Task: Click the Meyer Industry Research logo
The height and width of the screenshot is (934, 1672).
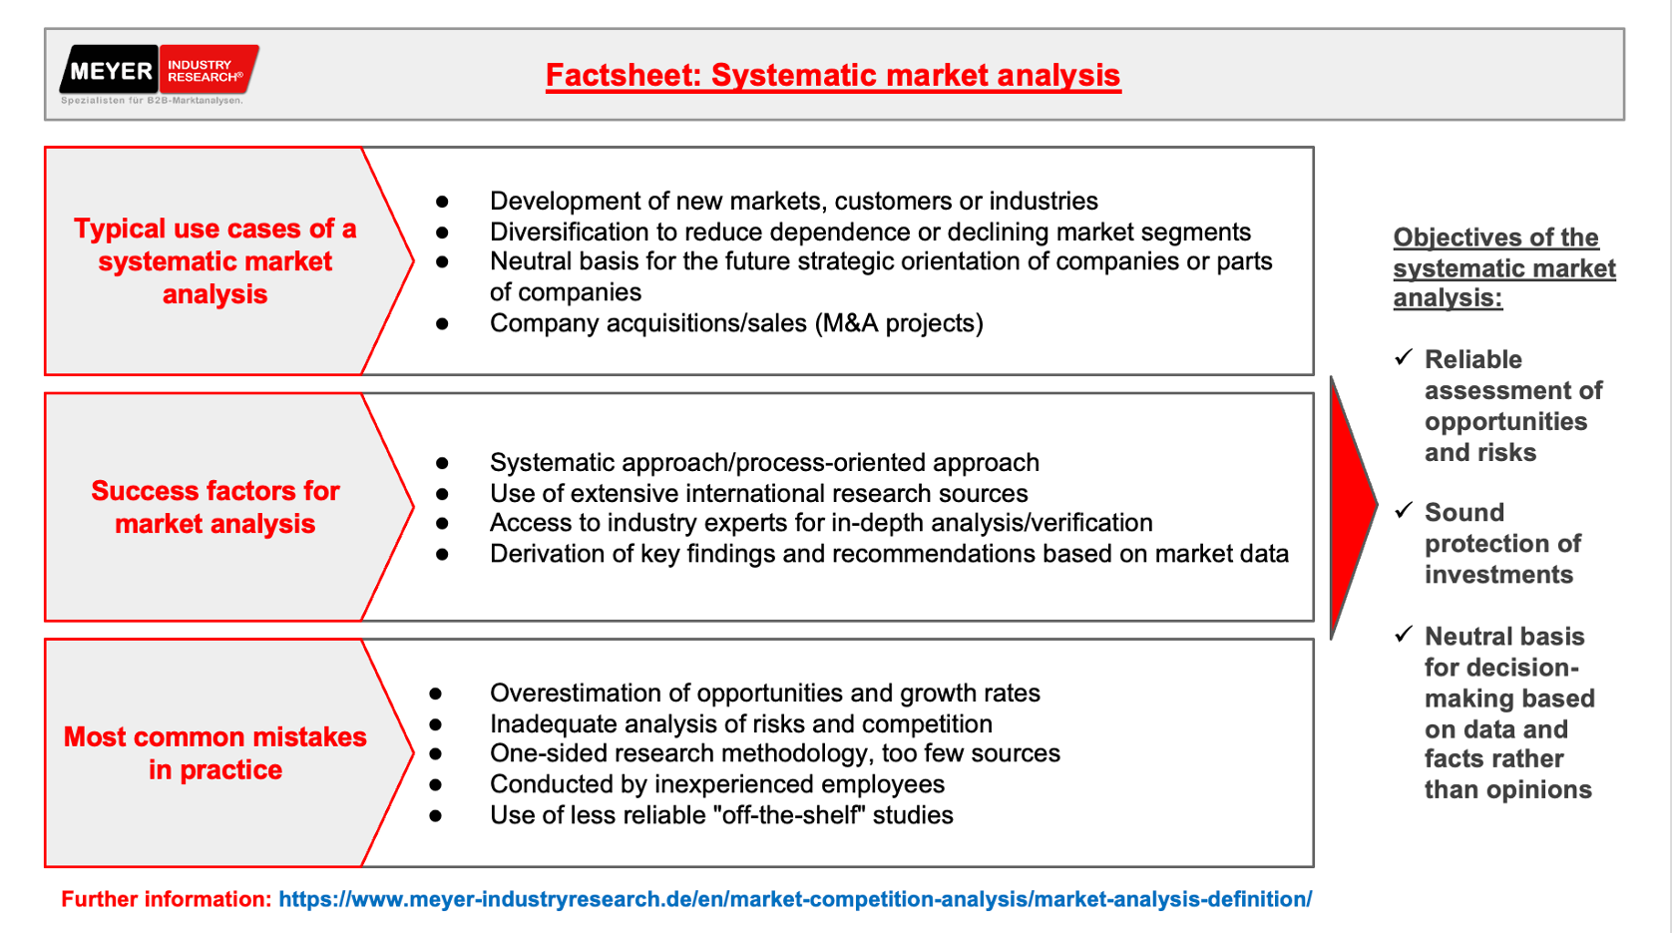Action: (x=159, y=75)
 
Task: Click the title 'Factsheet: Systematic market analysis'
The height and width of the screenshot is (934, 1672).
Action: (x=833, y=76)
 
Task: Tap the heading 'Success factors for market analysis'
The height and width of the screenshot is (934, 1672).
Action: (x=214, y=507)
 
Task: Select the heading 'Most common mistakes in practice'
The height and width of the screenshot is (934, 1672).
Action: (x=214, y=752)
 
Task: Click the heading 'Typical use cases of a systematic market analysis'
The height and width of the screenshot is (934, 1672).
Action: (x=214, y=261)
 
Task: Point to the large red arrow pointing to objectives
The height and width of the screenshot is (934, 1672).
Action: (x=1353, y=507)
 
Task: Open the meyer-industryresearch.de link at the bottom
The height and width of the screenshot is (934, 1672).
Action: (x=795, y=899)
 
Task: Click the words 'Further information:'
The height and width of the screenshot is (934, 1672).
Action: (x=167, y=899)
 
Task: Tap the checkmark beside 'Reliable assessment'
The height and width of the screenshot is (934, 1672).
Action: (x=1404, y=357)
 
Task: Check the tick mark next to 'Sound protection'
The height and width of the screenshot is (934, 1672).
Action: (x=1404, y=511)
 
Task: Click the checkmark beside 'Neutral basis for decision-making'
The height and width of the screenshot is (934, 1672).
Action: (x=1404, y=635)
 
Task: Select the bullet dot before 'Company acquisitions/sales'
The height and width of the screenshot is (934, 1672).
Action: (x=442, y=323)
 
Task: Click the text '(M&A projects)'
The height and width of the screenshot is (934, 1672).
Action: (x=899, y=323)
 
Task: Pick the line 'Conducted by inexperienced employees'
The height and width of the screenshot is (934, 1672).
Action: (x=717, y=784)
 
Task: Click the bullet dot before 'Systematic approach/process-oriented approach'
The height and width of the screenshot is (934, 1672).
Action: (x=442, y=464)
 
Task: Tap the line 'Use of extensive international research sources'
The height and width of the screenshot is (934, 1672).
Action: (x=758, y=493)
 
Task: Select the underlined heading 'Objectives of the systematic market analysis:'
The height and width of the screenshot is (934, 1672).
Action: (x=1504, y=267)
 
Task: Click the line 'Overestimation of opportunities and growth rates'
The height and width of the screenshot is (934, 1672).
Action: (x=765, y=693)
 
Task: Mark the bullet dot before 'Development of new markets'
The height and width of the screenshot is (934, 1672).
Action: (x=442, y=202)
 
